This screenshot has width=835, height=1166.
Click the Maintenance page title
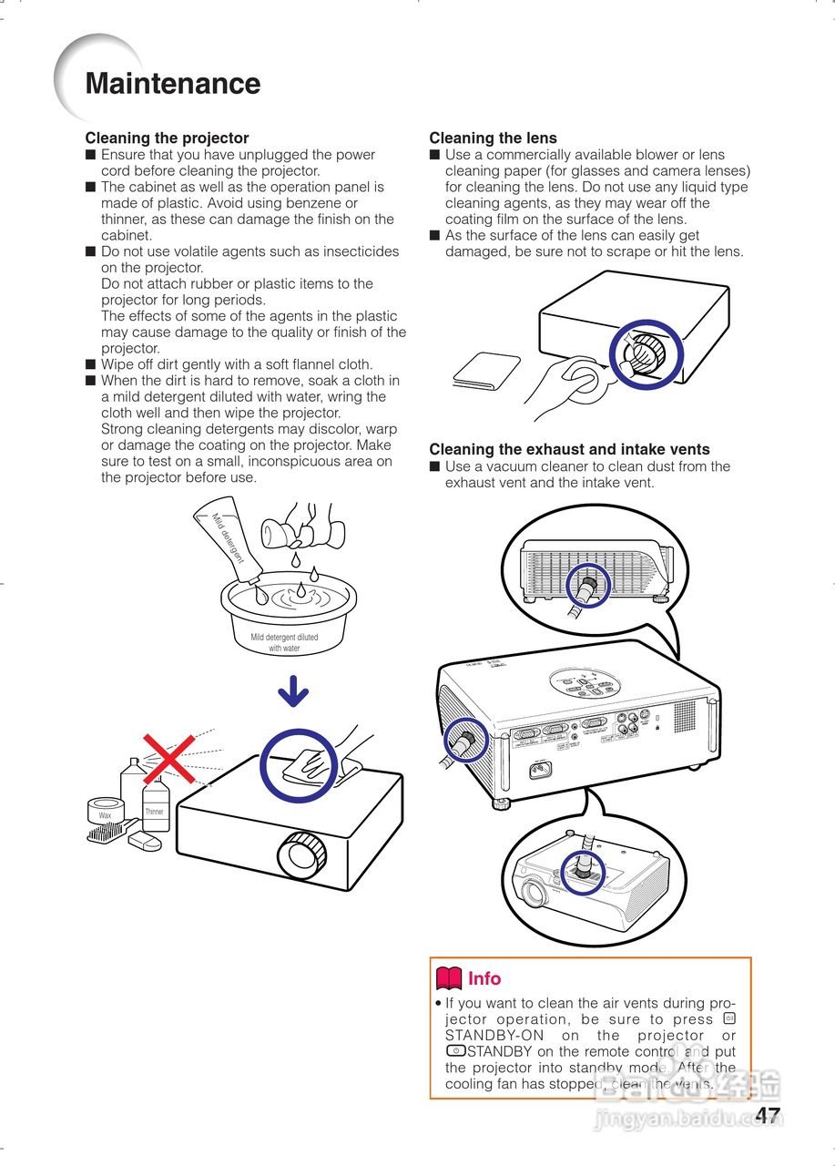click(173, 84)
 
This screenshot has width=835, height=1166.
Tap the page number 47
click(768, 1115)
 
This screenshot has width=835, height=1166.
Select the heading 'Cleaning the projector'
click(167, 138)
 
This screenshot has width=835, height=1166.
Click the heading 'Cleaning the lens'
click(493, 138)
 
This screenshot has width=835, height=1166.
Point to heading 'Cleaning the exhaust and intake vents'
click(569, 449)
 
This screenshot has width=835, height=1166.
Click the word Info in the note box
click(484, 978)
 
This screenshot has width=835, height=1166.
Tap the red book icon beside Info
click(449, 978)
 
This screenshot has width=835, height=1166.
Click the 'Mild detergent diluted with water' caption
click(285, 642)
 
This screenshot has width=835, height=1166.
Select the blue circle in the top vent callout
click(588, 585)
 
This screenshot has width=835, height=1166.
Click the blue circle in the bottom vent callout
click(584, 872)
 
